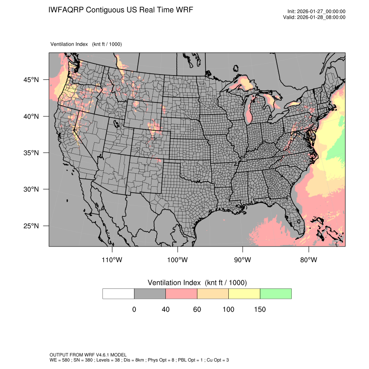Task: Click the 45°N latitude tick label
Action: [31, 80]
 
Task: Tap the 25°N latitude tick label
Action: [31, 226]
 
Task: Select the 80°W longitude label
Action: [308, 260]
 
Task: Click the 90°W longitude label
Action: [243, 260]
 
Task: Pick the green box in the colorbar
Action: [276, 293]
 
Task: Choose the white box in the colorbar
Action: [119, 293]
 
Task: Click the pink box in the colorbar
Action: [181, 293]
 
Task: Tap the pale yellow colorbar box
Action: [244, 293]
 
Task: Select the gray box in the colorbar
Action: [150, 293]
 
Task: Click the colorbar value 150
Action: [260, 310]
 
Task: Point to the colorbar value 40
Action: [165, 310]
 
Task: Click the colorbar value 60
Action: [197, 310]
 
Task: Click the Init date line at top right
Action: [316, 11]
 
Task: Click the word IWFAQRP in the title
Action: [66, 10]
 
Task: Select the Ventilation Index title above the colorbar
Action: [197, 283]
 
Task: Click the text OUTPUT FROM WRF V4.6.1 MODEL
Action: [88, 355]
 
